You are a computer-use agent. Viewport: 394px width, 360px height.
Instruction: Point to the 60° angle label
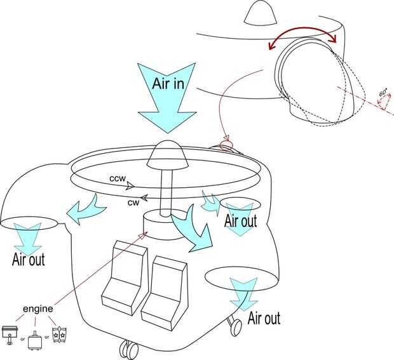(x=383, y=93)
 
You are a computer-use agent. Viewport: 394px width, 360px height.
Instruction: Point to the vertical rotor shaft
(x=166, y=190)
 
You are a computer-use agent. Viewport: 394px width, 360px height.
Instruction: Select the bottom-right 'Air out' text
(x=262, y=317)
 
